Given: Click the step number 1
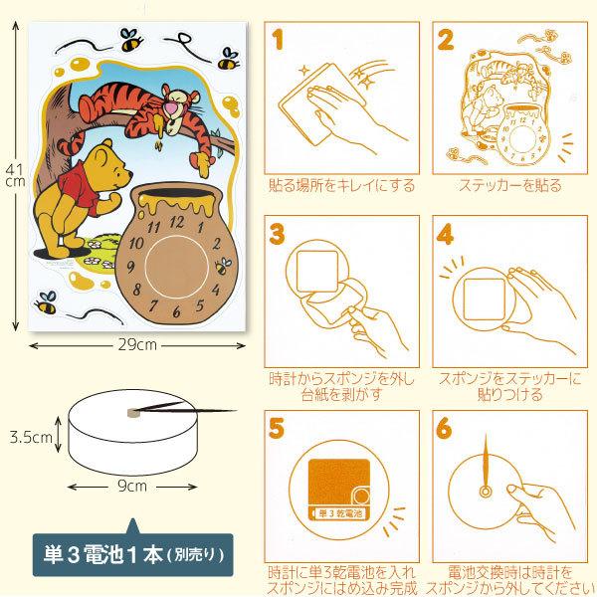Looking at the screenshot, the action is [x=278, y=40].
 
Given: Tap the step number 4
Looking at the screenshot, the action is [x=445, y=234].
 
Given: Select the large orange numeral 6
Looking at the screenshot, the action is [x=444, y=428].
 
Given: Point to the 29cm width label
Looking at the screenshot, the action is [x=137, y=345].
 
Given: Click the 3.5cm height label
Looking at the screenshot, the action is [x=31, y=437].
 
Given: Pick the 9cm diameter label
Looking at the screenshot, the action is [x=132, y=487].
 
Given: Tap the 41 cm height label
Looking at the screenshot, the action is [x=15, y=175].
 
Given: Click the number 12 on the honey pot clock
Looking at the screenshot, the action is [x=177, y=222].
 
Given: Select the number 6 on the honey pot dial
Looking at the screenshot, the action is [x=176, y=312].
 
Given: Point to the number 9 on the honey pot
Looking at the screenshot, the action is [x=130, y=268].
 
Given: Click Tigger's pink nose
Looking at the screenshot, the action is [x=172, y=109].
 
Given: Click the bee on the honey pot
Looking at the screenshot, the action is [x=223, y=265].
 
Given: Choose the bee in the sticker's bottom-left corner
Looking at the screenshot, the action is [x=46, y=302].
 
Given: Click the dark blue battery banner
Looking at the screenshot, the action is [x=133, y=554].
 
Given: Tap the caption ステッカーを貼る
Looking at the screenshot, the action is [x=510, y=185].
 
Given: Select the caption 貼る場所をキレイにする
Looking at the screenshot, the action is [x=341, y=185].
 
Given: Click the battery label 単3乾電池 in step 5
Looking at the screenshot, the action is [x=340, y=513].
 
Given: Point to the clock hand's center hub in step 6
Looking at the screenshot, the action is [x=486, y=492].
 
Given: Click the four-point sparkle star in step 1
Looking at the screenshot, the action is [x=303, y=71].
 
